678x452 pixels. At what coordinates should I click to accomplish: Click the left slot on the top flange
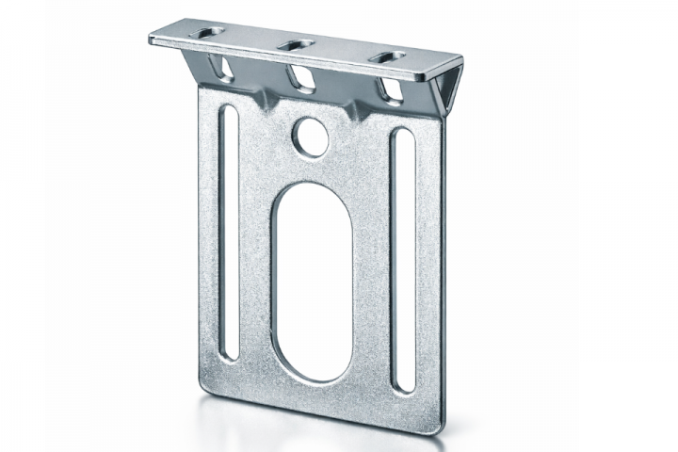pos(213,34)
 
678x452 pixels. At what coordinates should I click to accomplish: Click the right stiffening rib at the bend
pos(357,110)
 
